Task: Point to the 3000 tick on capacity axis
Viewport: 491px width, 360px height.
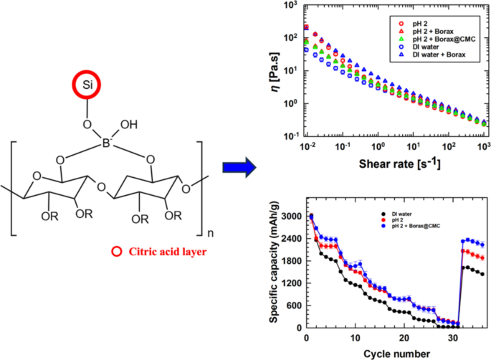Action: pyautogui.click(x=289, y=216)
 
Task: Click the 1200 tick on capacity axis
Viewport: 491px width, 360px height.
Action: pyautogui.click(x=289, y=283)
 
